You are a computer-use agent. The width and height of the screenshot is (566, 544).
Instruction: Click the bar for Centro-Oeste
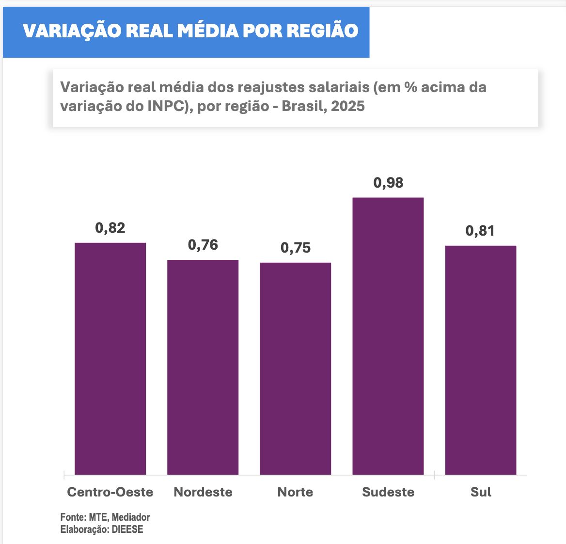pos(110,358)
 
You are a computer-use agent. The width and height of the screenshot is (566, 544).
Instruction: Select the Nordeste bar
pos(203,367)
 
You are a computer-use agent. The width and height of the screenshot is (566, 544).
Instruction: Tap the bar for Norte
pos(295,368)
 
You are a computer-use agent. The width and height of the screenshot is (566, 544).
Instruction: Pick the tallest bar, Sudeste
pos(388,336)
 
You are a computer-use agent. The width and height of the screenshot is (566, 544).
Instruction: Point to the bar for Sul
pos(480,360)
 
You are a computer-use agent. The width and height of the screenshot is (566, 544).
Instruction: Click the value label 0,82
pos(110,228)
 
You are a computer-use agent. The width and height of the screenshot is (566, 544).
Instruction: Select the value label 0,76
pos(203,245)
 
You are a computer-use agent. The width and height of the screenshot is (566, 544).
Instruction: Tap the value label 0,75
pos(295,248)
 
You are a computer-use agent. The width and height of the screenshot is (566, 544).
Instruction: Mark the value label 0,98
pos(388,183)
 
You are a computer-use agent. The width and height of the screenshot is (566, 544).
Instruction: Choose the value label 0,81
pos(480,231)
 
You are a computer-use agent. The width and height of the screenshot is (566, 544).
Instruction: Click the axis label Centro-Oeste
pos(110,492)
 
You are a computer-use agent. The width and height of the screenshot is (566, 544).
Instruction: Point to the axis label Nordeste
pos(203,492)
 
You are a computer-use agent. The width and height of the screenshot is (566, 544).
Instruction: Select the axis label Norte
pos(295,492)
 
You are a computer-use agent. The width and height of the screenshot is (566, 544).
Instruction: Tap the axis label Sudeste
pos(388,492)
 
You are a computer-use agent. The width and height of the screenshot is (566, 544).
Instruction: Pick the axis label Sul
pos(480,492)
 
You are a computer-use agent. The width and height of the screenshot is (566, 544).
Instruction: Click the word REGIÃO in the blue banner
pos(322,31)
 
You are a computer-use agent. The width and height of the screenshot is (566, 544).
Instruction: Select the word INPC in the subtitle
pos(165,106)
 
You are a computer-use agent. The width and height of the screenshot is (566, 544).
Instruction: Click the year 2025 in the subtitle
pos(347,106)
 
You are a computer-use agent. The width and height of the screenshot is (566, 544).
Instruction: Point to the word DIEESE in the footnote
pos(127,529)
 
